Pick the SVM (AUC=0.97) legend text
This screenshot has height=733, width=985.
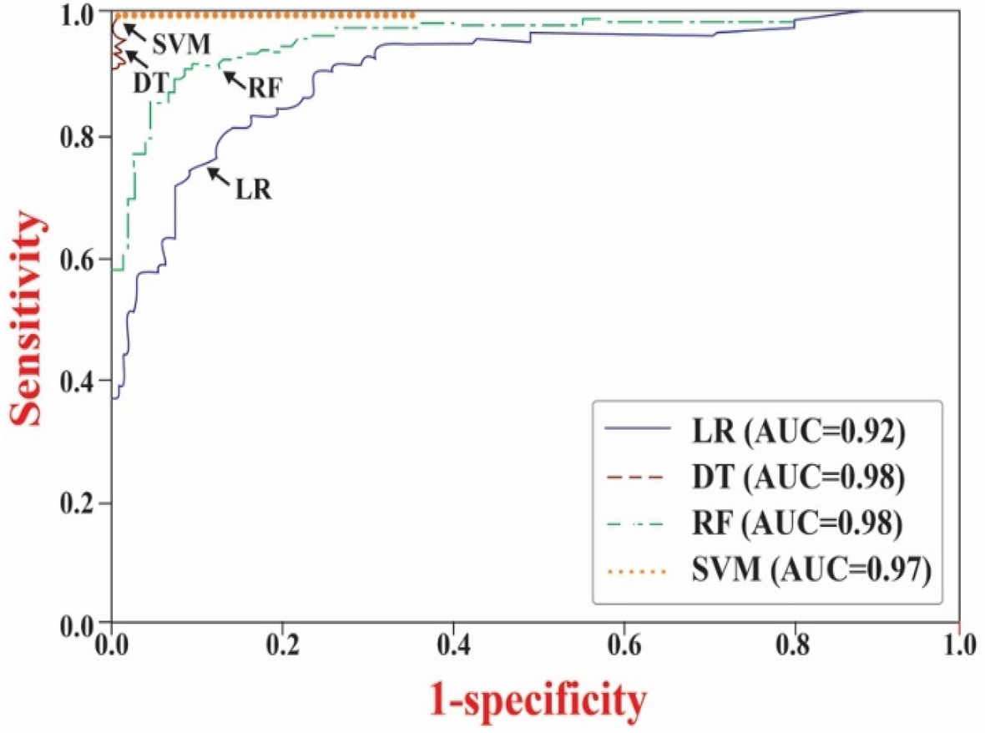point(810,572)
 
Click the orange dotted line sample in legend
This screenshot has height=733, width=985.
point(637,573)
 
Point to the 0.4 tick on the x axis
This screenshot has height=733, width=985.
point(452,624)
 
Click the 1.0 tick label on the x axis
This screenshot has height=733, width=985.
point(957,646)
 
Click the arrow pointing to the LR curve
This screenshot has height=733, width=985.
point(219,174)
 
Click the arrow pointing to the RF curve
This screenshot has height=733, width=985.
point(231,77)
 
